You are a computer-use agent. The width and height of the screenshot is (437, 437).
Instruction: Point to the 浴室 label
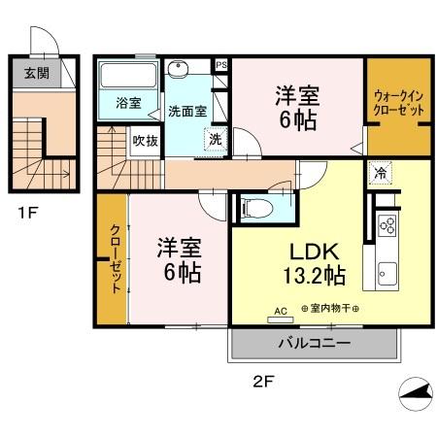pos(128,102)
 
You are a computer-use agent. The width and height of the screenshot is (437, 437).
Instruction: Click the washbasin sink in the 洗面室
pos(180,70)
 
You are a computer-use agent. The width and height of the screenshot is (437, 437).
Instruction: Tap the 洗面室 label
pos(186,111)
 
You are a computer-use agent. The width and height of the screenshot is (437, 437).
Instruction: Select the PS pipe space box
pos(221,66)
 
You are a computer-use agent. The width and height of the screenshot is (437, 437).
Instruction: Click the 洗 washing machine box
pos(215,139)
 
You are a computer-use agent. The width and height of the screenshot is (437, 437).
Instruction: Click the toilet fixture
pos(255,207)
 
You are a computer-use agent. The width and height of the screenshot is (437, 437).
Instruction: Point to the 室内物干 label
pos(329,309)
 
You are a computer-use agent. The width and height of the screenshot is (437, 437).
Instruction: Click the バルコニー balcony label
pos(316,342)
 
